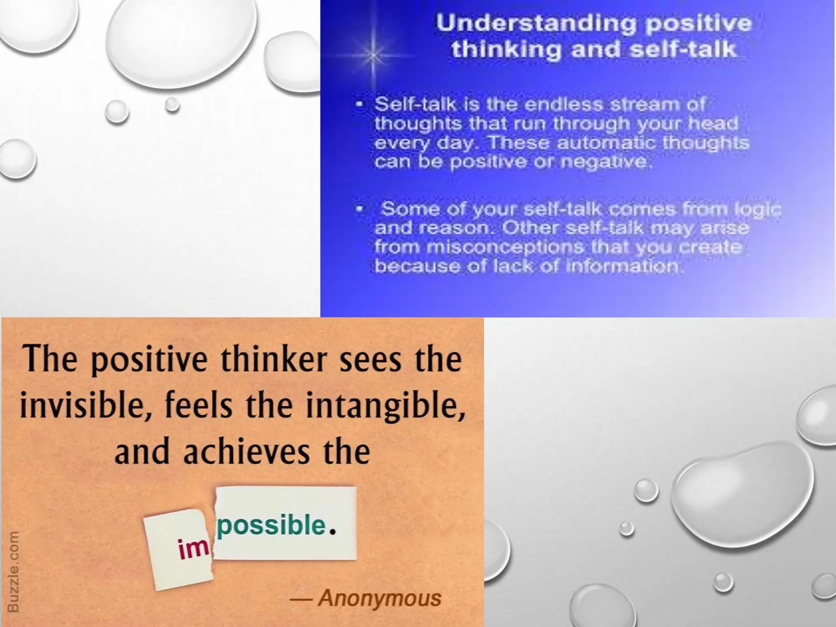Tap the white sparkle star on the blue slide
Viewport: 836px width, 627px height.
click(x=373, y=55)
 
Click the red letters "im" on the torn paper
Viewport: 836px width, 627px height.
click(x=193, y=548)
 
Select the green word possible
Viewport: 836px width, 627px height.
click(x=271, y=525)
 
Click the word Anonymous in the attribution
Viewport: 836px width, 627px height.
click(x=380, y=598)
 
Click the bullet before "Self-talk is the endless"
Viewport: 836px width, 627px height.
click(x=360, y=104)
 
